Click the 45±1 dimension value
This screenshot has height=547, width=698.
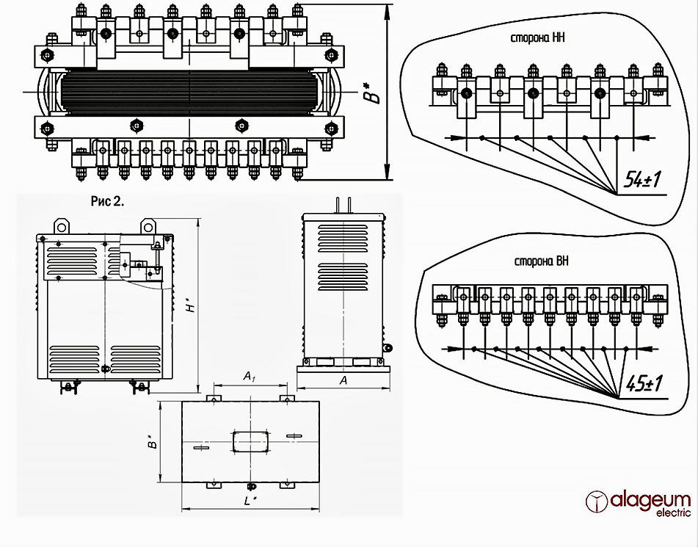643,383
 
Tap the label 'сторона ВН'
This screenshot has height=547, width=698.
542,261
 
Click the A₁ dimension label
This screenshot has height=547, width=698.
250,377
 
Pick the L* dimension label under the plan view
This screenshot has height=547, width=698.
250,501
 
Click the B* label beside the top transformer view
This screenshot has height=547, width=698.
375,93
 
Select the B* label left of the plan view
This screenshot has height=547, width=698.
150,443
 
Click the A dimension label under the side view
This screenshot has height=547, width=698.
343,380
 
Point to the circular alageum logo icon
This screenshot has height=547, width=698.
597,502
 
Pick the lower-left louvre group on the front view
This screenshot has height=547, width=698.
73,359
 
